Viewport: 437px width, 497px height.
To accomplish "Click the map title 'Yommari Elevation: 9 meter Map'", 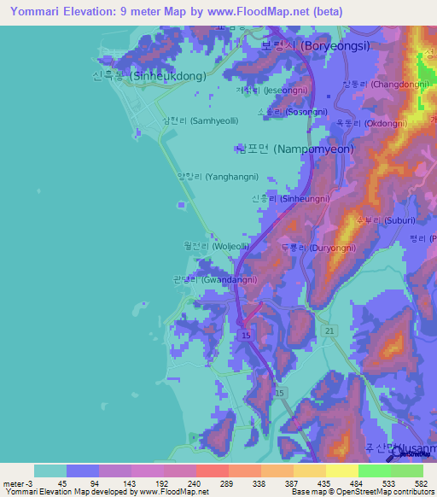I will click(x=111, y=11).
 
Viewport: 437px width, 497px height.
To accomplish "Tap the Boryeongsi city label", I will click(x=315, y=46).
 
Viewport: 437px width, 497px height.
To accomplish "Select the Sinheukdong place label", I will click(x=149, y=76).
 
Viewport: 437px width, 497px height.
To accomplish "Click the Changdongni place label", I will click(x=375, y=84).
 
